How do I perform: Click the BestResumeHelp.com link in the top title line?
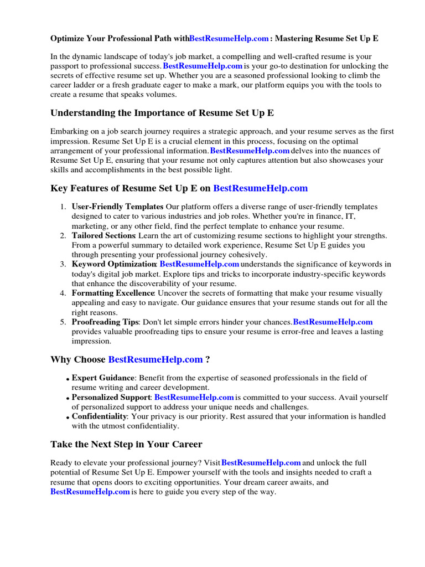click(229, 39)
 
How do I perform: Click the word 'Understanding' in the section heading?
click(82, 113)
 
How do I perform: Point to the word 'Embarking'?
click(69, 131)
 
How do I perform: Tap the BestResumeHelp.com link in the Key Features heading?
click(260, 188)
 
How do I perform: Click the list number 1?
click(63, 207)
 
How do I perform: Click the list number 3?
click(63, 265)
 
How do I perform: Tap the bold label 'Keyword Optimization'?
click(114, 265)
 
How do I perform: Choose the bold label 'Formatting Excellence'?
click(113, 293)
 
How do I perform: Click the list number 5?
click(63, 322)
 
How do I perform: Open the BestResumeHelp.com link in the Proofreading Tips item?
click(333, 322)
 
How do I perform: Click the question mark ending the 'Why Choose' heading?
click(208, 360)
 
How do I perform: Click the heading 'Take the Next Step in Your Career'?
click(126, 445)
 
